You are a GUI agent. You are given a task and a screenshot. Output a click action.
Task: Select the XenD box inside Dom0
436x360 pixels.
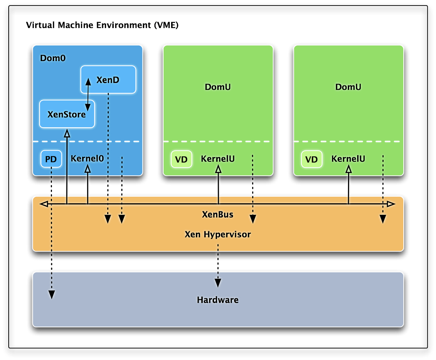pyautogui.click(x=108, y=80)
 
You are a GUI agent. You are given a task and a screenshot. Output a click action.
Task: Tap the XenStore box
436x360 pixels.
pyautogui.click(x=67, y=114)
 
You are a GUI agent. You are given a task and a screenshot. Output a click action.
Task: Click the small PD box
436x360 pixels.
pyautogui.click(x=51, y=159)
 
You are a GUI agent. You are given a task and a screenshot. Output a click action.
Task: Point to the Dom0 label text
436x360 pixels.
pyautogui.click(x=53, y=58)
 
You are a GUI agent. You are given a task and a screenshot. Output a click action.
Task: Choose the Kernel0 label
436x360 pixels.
pyautogui.click(x=88, y=159)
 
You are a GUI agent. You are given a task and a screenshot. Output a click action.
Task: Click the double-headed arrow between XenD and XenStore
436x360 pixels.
pyautogui.click(x=88, y=95)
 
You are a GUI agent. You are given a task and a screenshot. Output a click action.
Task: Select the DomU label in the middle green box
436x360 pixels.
pyautogui.click(x=218, y=87)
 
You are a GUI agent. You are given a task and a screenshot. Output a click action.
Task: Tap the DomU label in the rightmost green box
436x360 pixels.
pyautogui.click(x=348, y=87)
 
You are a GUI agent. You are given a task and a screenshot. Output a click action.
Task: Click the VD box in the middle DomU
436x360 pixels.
pyautogui.click(x=181, y=159)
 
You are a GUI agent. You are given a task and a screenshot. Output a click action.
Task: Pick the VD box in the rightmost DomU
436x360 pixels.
pyautogui.click(x=311, y=159)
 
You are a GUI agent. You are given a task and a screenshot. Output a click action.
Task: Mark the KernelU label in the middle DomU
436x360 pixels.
pyautogui.click(x=218, y=159)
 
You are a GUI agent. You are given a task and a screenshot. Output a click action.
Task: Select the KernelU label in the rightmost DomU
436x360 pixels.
pyautogui.click(x=348, y=159)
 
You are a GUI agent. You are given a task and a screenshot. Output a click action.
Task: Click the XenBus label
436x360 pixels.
pyautogui.click(x=218, y=215)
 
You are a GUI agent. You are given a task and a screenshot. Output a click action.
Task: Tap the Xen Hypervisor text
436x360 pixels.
pyautogui.click(x=218, y=234)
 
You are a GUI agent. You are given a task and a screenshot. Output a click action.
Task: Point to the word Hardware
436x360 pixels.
pyautogui.click(x=218, y=300)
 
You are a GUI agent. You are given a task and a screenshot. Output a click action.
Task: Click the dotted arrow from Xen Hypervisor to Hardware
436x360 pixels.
pyautogui.click(x=218, y=265)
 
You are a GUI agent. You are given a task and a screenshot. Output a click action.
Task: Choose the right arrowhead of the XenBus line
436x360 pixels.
pyautogui.click(x=391, y=204)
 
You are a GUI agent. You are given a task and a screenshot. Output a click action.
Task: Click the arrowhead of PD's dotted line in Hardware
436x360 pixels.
pyautogui.click(x=52, y=295)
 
